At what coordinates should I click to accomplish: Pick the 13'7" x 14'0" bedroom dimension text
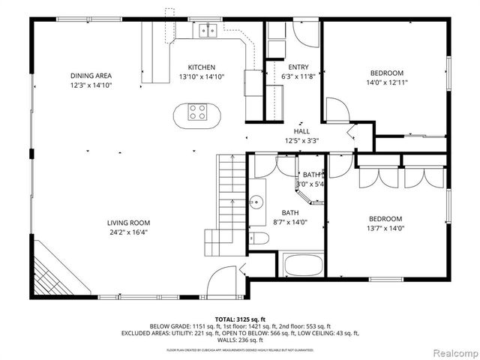pos(385,228)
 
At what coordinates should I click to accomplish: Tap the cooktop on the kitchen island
pos(198,114)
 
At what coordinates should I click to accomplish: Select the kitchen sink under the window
pos(208,31)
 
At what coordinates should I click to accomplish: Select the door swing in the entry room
pos(306,35)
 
